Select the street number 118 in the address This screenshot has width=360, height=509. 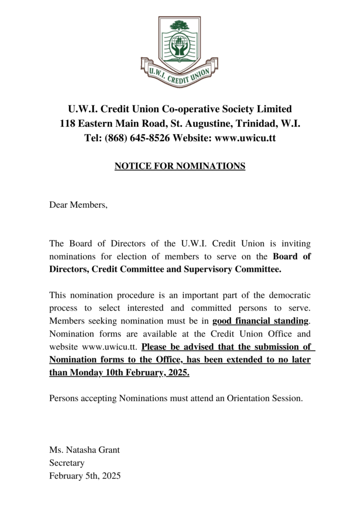[68, 123]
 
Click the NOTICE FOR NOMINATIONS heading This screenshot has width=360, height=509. [180, 166]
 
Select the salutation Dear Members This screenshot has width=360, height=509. [78, 204]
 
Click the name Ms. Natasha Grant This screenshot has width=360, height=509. [85, 450]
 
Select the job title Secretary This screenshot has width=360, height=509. [67, 463]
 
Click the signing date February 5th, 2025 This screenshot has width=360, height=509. [85, 476]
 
